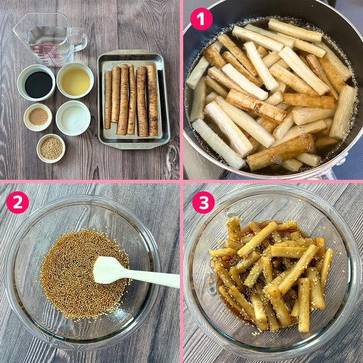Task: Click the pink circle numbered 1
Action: pos(201,19)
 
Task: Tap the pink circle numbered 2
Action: pos(17,202)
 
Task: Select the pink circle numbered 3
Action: pos(203,202)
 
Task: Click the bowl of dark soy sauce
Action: pos(37,83)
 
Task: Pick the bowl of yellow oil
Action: pos(76,81)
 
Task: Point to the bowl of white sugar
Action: pos(73,118)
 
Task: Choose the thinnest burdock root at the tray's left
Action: pos(107,100)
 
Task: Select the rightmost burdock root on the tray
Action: pos(153,100)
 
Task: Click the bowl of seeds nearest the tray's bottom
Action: pos(51,148)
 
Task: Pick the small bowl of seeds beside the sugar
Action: pos(38,117)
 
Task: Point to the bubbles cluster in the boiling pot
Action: pos(276,160)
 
